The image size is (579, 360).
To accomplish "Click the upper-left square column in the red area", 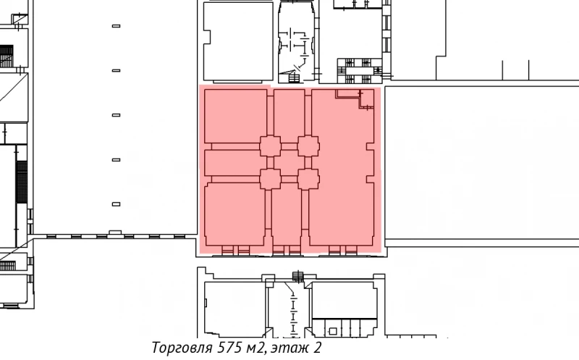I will click(270, 146).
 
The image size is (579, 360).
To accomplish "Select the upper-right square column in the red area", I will click(308, 146).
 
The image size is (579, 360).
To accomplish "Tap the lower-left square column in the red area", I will click(270, 178).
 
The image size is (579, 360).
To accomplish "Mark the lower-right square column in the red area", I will click(308, 178).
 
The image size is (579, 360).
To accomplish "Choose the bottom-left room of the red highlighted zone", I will click(234, 215).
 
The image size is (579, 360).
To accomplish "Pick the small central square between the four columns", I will click(289, 162).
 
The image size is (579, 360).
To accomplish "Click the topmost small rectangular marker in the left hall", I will click(116, 26).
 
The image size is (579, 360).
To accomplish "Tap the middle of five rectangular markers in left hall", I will click(116, 115).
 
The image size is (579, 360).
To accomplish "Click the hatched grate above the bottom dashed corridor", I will click(297, 275).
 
